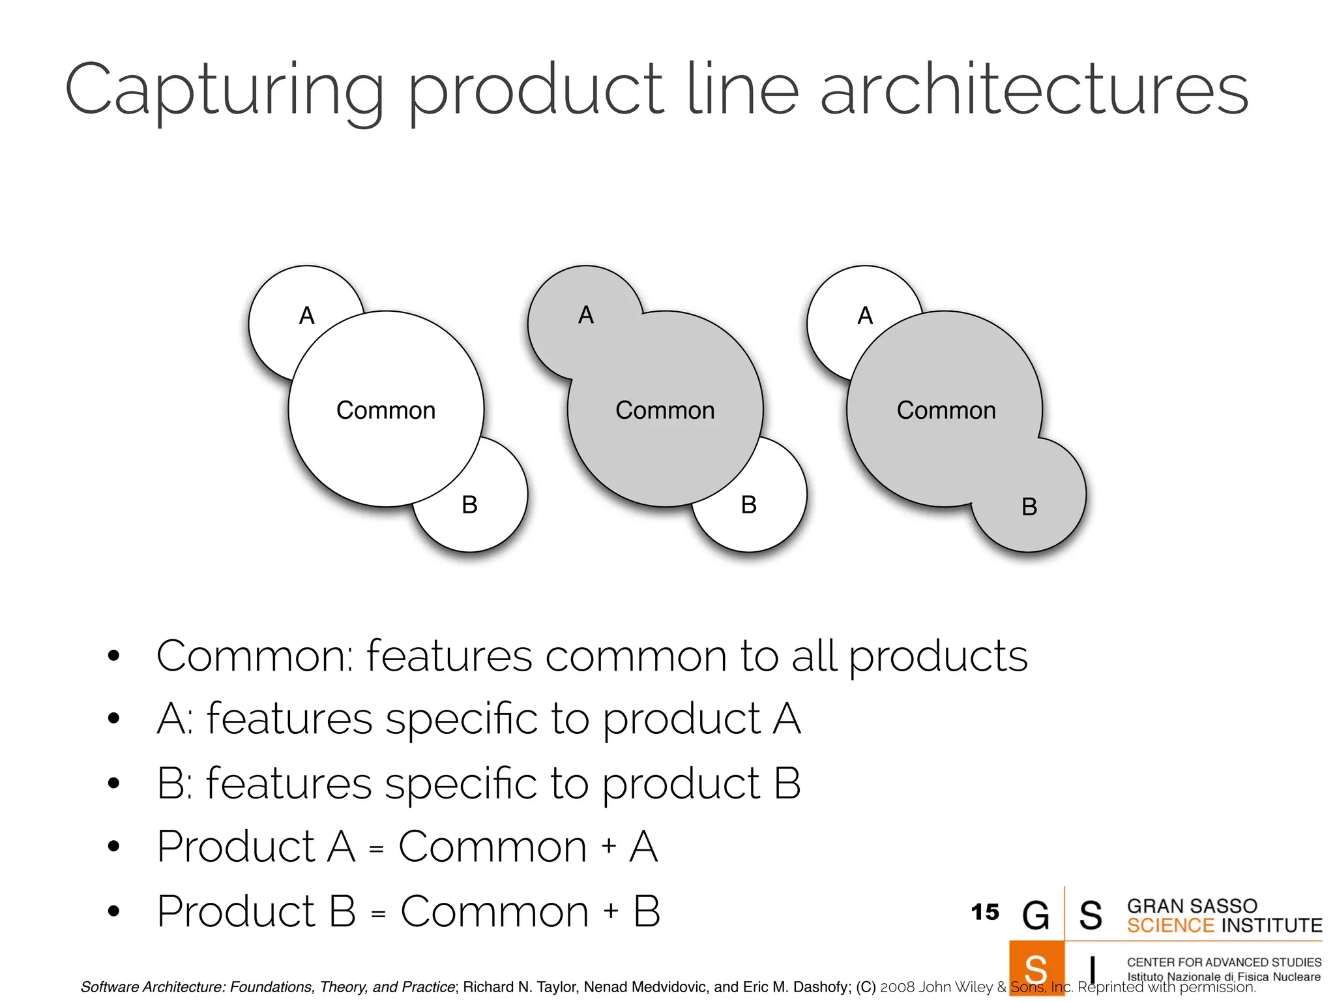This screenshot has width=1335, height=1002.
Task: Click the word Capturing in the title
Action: [x=225, y=91]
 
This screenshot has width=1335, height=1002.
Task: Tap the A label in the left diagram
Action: [x=307, y=316]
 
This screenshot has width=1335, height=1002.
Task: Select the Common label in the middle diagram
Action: [x=665, y=410]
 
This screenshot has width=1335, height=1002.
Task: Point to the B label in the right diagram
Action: [x=1029, y=507]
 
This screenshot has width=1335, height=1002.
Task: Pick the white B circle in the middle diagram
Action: [x=769, y=515]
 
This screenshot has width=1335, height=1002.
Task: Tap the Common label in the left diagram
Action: [x=386, y=410]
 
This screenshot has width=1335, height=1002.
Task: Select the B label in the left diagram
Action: [x=470, y=505]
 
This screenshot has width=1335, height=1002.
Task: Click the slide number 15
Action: [x=984, y=912]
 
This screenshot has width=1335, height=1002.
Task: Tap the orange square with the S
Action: [x=1036, y=969]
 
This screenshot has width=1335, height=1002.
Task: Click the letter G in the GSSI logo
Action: [x=1036, y=915]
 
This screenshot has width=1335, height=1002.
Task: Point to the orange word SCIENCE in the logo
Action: [x=1170, y=926]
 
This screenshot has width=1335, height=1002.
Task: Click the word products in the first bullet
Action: [x=938, y=656]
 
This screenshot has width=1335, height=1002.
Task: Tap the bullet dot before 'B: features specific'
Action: [x=114, y=783]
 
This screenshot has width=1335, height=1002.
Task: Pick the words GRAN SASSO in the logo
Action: [x=1192, y=906]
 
